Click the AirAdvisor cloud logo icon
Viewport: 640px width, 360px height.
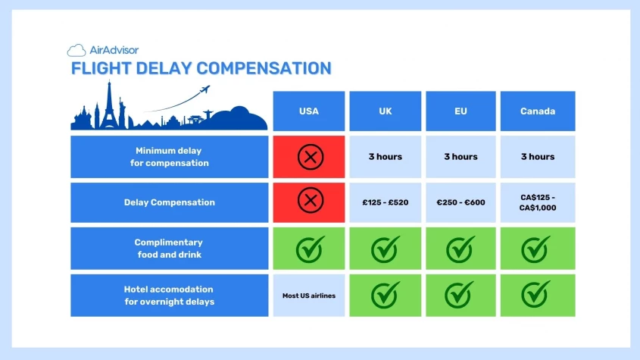point(76,51)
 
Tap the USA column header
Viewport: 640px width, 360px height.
point(309,111)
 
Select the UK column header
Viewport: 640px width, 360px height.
point(385,111)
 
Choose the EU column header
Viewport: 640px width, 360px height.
point(460,111)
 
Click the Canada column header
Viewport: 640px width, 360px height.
point(537,111)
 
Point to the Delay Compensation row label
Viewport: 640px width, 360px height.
point(170,202)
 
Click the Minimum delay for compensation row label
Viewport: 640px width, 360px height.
point(170,157)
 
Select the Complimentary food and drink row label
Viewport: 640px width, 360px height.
point(170,249)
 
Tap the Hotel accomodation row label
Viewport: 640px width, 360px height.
point(170,296)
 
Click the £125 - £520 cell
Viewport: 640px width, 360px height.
point(385,202)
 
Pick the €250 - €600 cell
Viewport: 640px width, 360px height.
point(460,202)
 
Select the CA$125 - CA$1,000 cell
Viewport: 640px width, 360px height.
point(537,202)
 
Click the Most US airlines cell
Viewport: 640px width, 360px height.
point(309,296)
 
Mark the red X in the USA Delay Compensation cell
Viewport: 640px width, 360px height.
point(309,202)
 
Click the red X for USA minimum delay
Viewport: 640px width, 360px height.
point(309,157)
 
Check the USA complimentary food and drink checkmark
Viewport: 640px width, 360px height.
point(309,249)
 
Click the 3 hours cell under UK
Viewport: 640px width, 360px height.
point(385,157)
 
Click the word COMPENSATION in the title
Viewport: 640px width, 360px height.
point(264,69)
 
